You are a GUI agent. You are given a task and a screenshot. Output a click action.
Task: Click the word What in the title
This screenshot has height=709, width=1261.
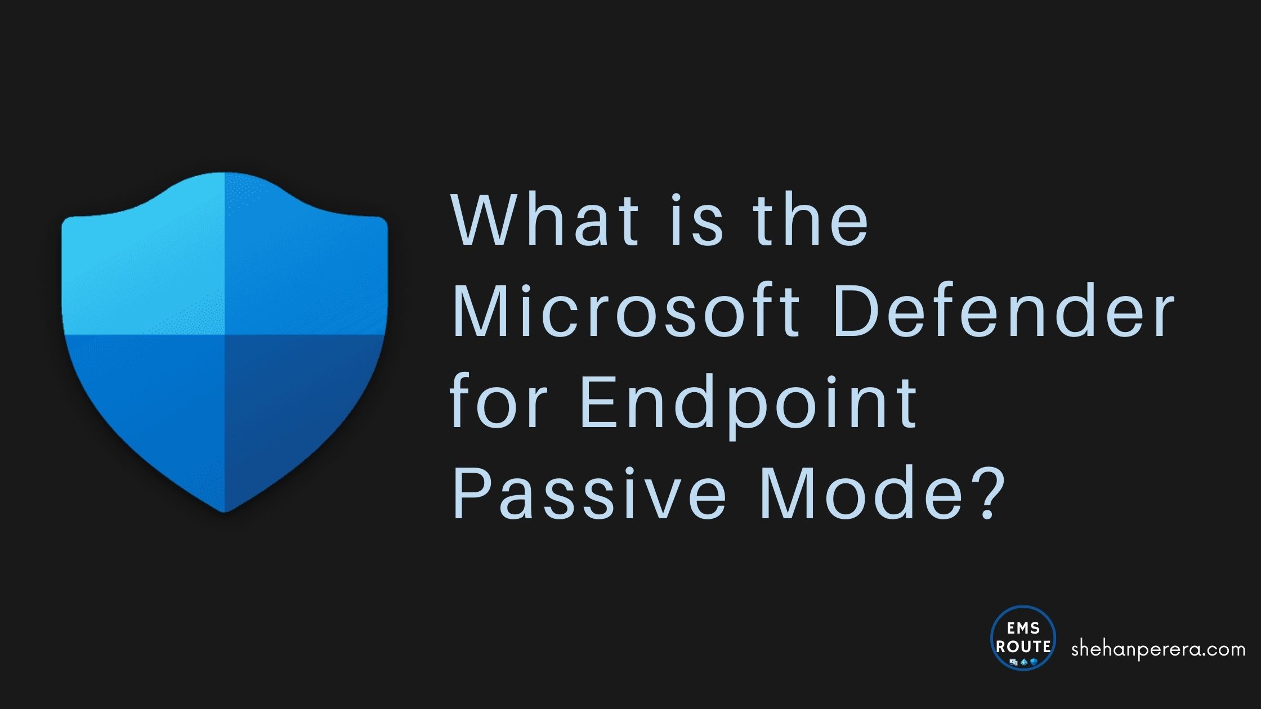point(545,221)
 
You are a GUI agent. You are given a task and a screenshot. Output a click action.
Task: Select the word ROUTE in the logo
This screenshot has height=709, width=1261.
point(1023,646)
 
